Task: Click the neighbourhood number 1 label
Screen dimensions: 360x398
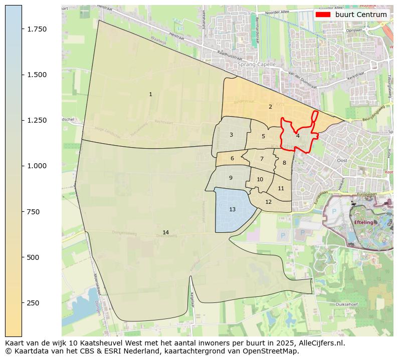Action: coord(150,94)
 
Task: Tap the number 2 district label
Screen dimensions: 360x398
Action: coord(270,107)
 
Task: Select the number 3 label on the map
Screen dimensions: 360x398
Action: coord(231,135)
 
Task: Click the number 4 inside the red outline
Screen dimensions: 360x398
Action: coord(298,136)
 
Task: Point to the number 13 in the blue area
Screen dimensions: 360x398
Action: coord(232,209)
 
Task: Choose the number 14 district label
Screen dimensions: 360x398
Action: coord(165,232)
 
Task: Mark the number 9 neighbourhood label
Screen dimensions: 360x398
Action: coord(231,178)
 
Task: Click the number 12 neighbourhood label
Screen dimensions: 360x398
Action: coord(268,202)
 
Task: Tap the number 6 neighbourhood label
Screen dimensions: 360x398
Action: coord(232,159)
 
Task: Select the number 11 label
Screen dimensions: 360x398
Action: coord(281,188)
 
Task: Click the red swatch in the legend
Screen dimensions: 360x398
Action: coord(323,15)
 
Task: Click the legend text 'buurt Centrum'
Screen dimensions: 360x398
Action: coord(361,15)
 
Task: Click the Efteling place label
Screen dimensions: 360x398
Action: coord(364,222)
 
